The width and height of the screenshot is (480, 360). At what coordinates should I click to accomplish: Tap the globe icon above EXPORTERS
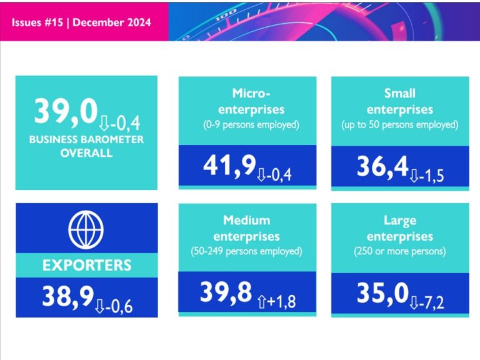(x=86, y=229)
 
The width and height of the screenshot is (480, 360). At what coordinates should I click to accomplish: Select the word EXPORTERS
(x=86, y=265)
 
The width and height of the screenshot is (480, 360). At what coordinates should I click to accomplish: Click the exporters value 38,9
(x=67, y=297)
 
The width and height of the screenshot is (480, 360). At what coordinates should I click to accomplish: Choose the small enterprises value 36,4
(x=382, y=166)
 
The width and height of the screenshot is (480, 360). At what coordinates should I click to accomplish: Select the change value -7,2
(x=434, y=302)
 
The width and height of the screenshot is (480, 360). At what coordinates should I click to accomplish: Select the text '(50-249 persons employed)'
(x=247, y=252)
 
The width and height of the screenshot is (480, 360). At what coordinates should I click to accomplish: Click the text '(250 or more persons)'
(x=400, y=252)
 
